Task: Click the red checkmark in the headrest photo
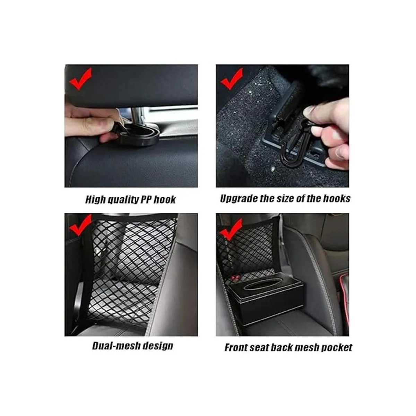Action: (80, 79)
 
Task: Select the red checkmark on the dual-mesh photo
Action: (80, 225)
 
